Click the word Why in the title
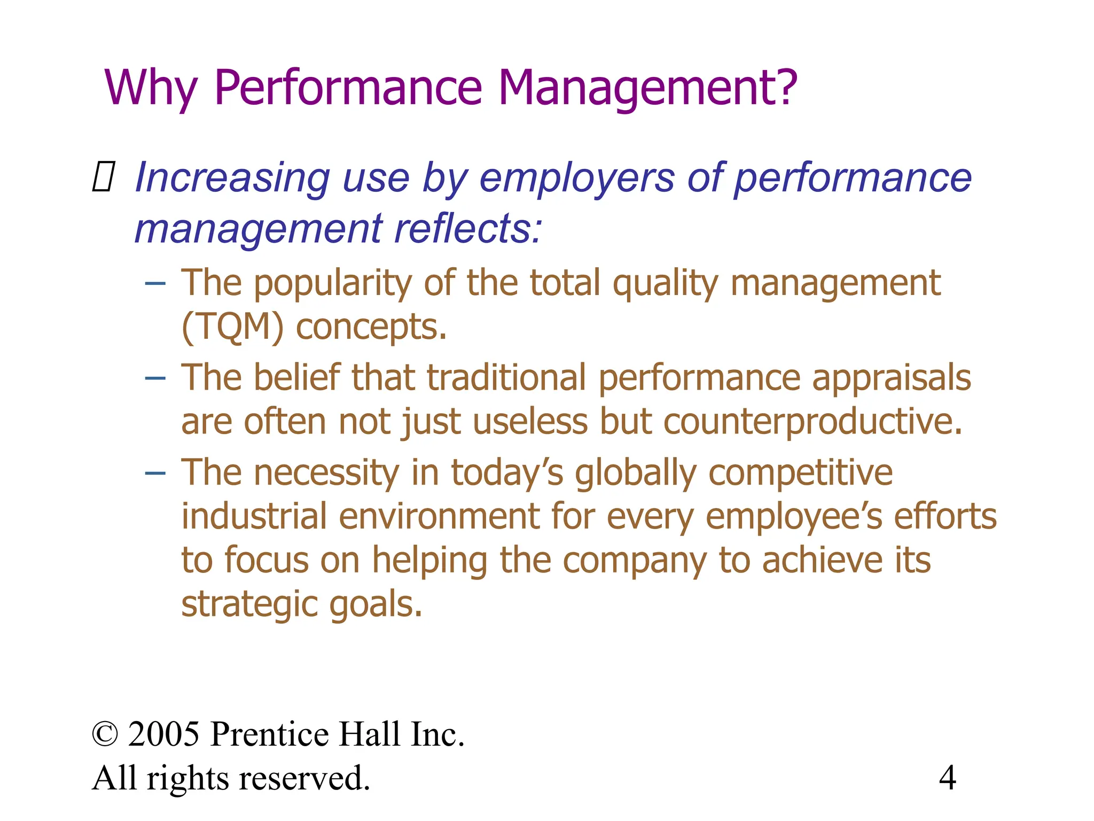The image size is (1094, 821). coord(151,88)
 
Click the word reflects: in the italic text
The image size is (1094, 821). coord(468,229)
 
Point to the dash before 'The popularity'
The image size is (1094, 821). coord(155,283)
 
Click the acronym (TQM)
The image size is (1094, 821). coord(232,327)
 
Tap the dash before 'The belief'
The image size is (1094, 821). coord(155,378)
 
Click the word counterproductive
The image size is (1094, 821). coord(812,422)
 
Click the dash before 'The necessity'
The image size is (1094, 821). coord(155,473)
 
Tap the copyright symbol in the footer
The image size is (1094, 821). coord(105,734)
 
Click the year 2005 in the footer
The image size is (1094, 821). coord(163,734)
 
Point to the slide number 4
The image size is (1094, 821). coord(947,778)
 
